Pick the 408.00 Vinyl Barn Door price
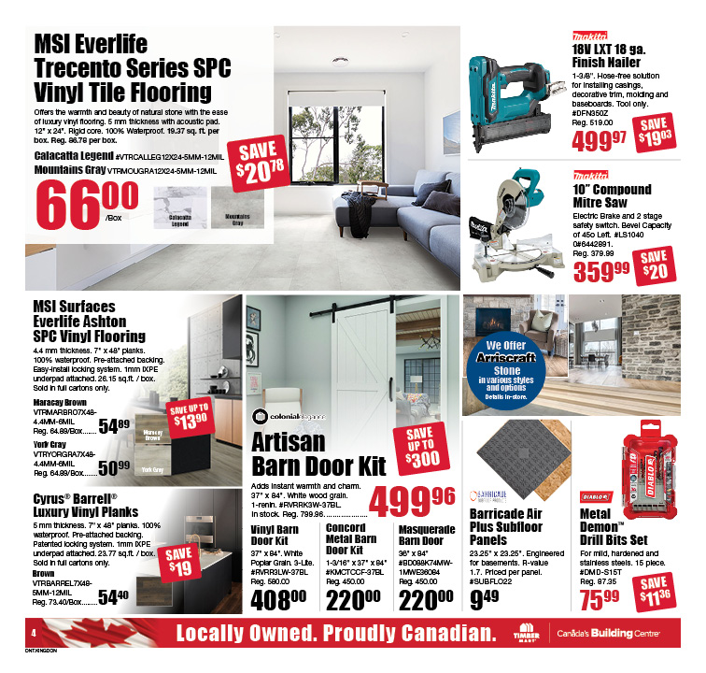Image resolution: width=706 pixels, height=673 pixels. pos(278,596)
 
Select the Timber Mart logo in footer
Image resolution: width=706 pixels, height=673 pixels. pos(525,633)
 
